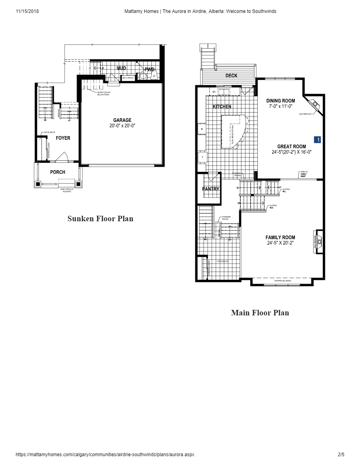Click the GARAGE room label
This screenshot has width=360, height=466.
click(x=122, y=120)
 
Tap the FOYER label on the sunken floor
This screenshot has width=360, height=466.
click(x=63, y=138)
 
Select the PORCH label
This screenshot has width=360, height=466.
click(x=58, y=172)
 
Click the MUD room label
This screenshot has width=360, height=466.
click(x=122, y=68)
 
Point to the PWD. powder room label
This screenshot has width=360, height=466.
click(x=150, y=69)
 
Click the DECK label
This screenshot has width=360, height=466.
click(x=231, y=76)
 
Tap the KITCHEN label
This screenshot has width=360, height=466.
click(x=222, y=107)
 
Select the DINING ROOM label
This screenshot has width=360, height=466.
click(x=281, y=101)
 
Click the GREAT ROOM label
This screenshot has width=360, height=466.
click(x=292, y=147)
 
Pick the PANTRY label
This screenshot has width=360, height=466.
click(x=211, y=189)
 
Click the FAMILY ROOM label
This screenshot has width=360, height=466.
click(x=280, y=237)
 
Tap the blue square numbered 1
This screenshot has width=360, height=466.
click(x=318, y=139)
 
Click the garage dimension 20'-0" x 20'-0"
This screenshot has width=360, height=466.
click(x=122, y=126)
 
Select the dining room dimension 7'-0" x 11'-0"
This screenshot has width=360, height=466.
click(x=282, y=106)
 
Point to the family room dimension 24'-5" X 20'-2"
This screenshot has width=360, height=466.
click(x=280, y=243)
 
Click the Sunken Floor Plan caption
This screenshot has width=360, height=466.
click(x=100, y=218)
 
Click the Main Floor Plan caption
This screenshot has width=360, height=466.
click(x=260, y=313)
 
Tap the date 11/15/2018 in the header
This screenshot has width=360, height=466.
click(x=27, y=11)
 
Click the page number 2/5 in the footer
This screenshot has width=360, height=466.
click(x=341, y=455)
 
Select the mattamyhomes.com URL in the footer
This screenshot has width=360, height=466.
click(x=105, y=455)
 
